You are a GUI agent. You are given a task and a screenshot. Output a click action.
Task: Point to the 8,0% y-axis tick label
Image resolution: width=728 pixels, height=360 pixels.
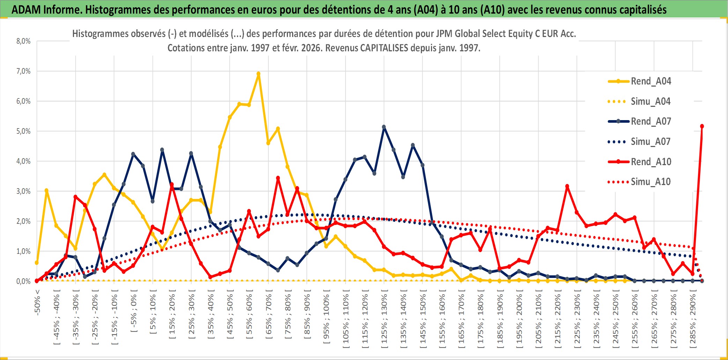pyautogui.click(x=23, y=41)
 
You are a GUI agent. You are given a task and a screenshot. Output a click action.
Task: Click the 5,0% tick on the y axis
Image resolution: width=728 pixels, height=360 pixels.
pyautogui.click(x=23, y=131)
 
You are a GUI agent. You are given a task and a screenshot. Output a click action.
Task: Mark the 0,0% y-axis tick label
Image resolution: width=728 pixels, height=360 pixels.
pyautogui.click(x=23, y=281)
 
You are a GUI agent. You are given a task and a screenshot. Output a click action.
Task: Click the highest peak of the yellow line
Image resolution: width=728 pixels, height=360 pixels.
pyautogui.click(x=258, y=74)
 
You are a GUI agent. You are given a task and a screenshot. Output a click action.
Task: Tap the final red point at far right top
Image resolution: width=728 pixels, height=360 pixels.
pyautogui.click(x=702, y=126)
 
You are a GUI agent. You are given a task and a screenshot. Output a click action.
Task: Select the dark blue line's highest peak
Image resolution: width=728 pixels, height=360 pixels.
pyautogui.click(x=384, y=127)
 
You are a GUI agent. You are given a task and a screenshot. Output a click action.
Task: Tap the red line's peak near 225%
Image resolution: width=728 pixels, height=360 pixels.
pyautogui.click(x=567, y=186)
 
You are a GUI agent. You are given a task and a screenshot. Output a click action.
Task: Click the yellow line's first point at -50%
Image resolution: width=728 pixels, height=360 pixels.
pyautogui.click(x=37, y=263)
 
